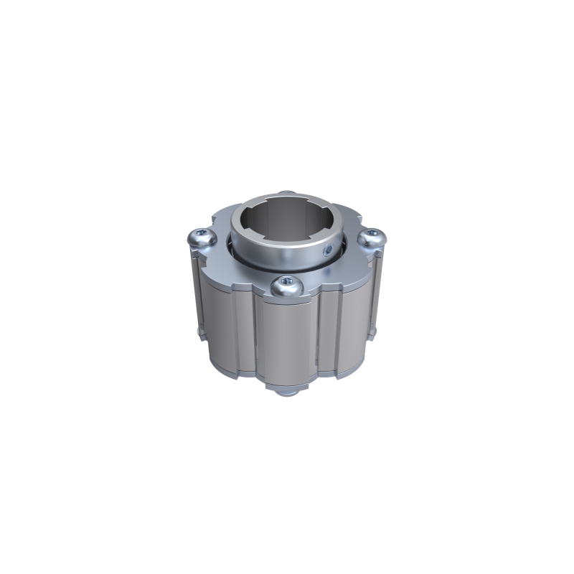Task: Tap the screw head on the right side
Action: [x=372, y=239]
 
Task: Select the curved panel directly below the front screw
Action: [x=285, y=337]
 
